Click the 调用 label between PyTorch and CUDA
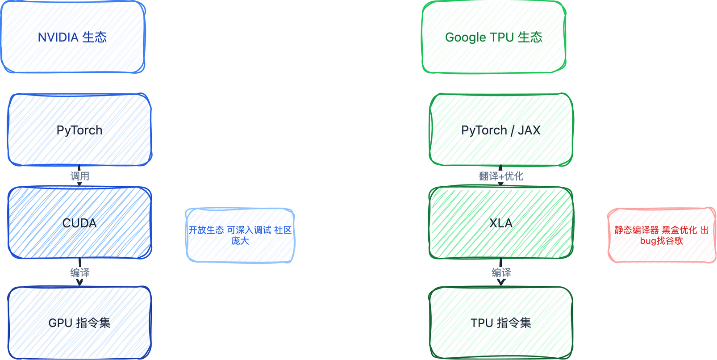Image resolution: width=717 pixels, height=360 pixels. pyautogui.click(x=79, y=176)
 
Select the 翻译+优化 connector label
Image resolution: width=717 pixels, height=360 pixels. pyautogui.click(x=501, y=176)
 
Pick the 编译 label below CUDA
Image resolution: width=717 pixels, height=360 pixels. pyautogui.click(x=79, y=272)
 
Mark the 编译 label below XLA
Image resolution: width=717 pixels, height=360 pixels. pyautogui.click(x=501, y=272)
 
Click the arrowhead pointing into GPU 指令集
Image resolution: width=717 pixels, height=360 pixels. pyautogui.click(x=79, y=282)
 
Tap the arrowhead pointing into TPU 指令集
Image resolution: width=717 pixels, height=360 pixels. pyautogui.click(x=501, y=282)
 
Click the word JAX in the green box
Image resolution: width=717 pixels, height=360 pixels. pyautogui.click(x=529, y=130)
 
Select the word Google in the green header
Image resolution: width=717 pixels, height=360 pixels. pyautogui.click(x=465, y=38)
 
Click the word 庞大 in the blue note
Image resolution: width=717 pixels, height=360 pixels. pyautogui.click(x=240, y=241)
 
